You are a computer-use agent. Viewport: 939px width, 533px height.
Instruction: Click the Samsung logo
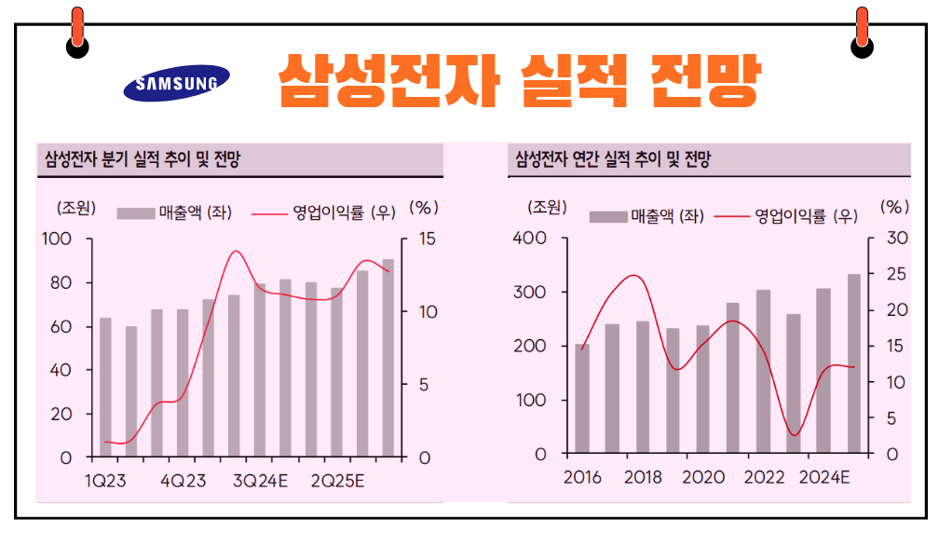coord(177,83)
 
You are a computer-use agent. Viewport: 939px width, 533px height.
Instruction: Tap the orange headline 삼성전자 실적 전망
coord(520,81)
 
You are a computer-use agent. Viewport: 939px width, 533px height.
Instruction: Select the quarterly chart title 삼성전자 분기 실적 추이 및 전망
coord(143,159)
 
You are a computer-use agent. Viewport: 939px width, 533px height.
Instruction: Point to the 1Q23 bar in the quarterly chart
coord(105,387)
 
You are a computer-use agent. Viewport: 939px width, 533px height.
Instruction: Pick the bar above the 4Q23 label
coord(183,382)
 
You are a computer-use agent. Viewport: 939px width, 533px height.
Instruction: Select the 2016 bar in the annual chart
coord(582,399)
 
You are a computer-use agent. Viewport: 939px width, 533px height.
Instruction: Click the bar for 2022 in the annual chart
coord(764,371)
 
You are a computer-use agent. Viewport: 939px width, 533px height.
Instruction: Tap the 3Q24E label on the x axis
coord(259,481)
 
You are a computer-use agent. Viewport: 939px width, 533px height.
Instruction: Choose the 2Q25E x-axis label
coord(337,481)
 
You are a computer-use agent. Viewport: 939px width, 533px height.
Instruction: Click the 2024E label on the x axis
coord(823,478)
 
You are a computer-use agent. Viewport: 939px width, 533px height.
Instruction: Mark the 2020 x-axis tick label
coord(703,478)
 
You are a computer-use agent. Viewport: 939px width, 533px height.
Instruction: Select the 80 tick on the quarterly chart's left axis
coord(60,282)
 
